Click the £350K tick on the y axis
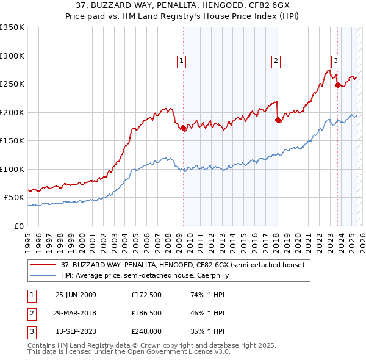pos(12,27)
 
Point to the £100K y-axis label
pos(12,169)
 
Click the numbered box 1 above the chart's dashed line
pos(182,60)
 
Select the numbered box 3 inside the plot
pos(335,60)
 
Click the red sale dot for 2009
pos(184,128)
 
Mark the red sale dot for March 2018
pos(278,120)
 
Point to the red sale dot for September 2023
pos(337,85)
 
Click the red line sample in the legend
pos(43,265)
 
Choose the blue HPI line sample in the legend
pos(43,275)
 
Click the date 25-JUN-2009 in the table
pos(76,295)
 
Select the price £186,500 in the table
pos(146,313)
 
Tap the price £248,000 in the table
pos(146,331)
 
